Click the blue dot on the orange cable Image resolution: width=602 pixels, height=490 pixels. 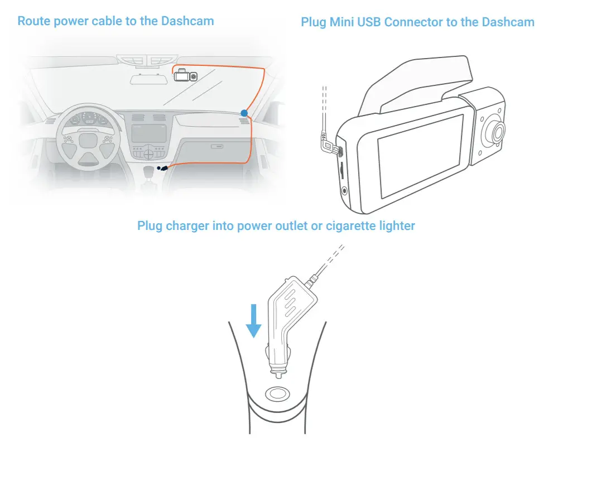click(244, 113)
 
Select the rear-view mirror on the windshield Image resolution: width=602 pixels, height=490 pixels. click(149, 79)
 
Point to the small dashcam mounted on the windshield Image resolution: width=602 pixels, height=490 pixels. click(185, 75)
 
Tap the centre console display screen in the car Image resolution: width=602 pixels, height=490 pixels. click(148, 133)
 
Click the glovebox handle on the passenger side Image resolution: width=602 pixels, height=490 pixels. click(214, 147)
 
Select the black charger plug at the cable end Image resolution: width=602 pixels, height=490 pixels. click(163, 167)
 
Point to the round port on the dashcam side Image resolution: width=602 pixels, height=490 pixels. click(344, 190)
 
